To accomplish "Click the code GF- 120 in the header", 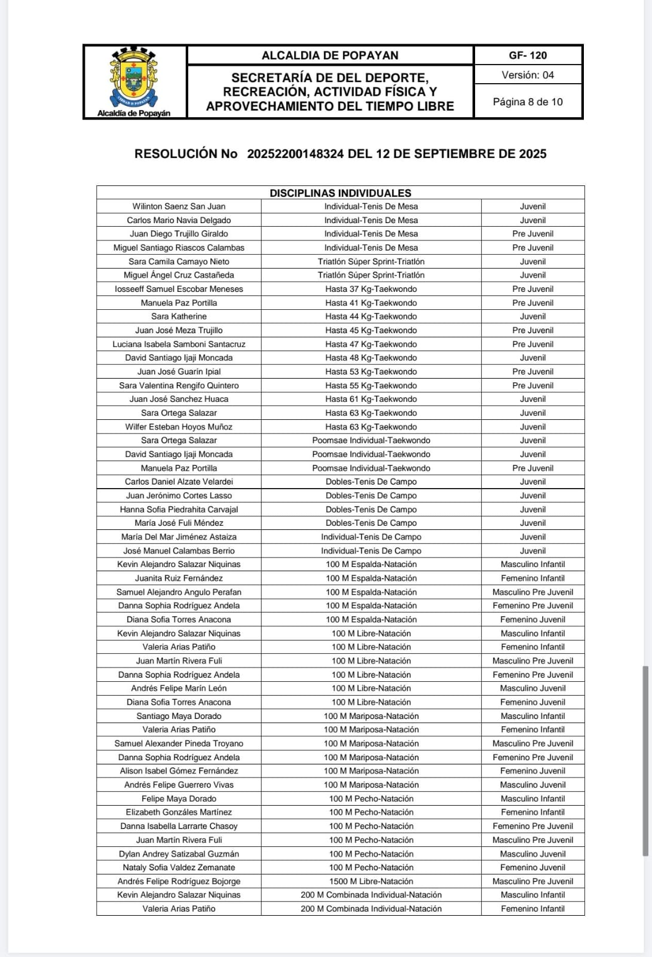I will pyautogui.click(x=528, y=56).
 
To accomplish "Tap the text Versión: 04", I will pyautogui.click(x=528, y=75).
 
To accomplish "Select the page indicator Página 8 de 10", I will pyautogui.click(x=528, y=102).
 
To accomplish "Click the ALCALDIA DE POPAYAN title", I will pyautogui.click(x=330, y=56).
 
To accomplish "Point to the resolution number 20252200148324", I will pyautogui.click(x=295, y=154).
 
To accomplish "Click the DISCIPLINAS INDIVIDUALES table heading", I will pyautogui.click(x=340, y=193).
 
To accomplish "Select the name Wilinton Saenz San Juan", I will pyautogui.click(x=179, y=206).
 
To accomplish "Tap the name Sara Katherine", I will pyautogui.click(x=179, y=316).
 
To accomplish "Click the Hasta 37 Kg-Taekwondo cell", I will pyautogui.click(x=371, y=289).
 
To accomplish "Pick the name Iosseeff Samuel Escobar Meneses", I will pyautogui.click(x=179, y=289).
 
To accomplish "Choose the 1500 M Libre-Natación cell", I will pyautogui.click(x=371, y=881).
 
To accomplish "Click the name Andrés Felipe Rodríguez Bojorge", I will pyautogui.click(x=179, y=881).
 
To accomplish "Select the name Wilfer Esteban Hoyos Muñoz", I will pyautogui.click(x=179, y=427).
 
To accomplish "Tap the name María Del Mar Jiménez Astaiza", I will pyautogui.click(x=179, y=537).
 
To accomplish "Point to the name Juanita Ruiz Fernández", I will pyautogui.click(x=179, y=578).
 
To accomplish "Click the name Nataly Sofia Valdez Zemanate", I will pyautogui.click(x=179, y=867).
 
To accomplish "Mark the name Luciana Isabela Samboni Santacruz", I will pyautogui.click(x=179, y=344).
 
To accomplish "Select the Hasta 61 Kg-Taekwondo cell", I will pyautogui.click(x=371, y=399).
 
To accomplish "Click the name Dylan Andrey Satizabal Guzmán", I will pyautogui.click(x=179, y=854).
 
